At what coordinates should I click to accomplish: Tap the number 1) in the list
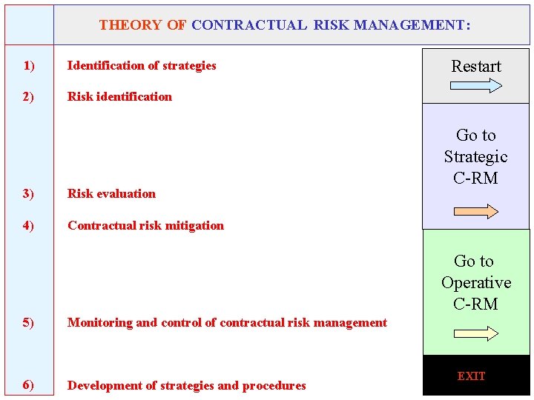coord(28,66)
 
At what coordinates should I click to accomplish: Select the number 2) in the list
coord(28,97)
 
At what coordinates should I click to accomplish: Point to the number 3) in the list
coord(28,194)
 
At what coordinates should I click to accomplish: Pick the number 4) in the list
coord(28,226)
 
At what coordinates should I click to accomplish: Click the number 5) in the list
coord(28,323)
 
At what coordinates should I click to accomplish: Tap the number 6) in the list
coord(28,385)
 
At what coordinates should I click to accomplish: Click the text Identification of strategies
coord(142,66)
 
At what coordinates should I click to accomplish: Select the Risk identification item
coord(119,97)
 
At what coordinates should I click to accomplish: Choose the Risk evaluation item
coord(111,194)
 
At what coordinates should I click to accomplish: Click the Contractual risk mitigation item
coord(145,226)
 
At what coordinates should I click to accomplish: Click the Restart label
coord(476,67)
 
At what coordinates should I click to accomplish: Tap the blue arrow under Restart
coord(475,85)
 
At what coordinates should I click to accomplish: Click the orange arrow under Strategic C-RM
coord(475,212)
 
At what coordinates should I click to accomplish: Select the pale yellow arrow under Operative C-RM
coord(475,334)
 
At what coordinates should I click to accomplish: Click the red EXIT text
coord(471,376)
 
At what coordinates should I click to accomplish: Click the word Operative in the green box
coord(476,283)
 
